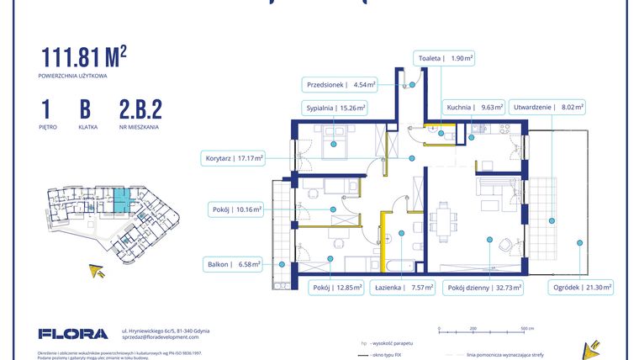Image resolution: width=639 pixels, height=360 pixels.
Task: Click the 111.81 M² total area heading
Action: (x=83, y=56)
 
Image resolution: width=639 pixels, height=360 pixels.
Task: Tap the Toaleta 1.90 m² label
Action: (x=445, y=59)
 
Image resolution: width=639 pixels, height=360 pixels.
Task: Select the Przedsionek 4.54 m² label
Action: (x=341, y=84)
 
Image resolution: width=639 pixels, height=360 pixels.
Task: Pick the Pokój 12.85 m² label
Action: (x=335, y=288)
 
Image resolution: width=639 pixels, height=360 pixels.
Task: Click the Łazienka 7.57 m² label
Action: (x=406, y=288)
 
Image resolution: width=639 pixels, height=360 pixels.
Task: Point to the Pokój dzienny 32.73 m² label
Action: (x=484, y=288)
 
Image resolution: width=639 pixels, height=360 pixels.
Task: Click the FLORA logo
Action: (x=73, y=333)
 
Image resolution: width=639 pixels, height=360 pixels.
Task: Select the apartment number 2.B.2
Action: (x=140, y=109)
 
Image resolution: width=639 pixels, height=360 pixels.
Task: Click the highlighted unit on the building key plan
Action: (x=123, y=201)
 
